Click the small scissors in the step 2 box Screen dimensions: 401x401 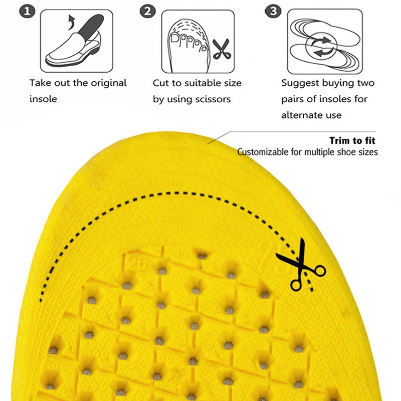pyautogui.click(x=221, y=49)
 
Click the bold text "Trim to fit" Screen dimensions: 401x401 pyautogui.click(x=352, y=141)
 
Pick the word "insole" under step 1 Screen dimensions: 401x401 pyautogui.click(x=43, y=99)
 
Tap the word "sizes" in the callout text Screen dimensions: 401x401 pyautogui.click(x=368, y=151)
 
